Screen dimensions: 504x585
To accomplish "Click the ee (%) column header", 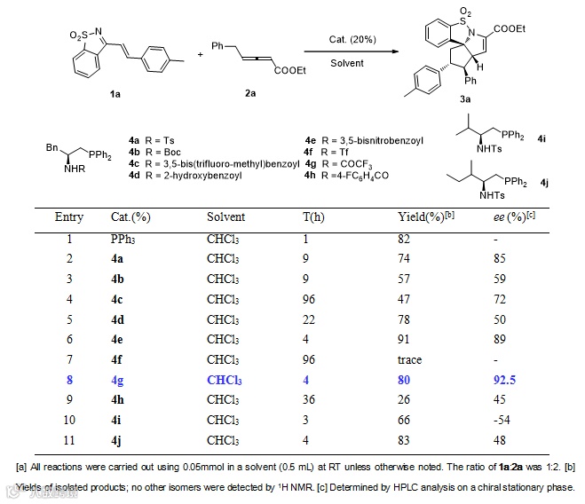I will point(510,217).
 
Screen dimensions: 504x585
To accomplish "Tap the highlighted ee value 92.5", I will point(506,381).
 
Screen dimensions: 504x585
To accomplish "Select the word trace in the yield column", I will point(410,360).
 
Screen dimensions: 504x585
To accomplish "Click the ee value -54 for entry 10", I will point(504,421).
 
